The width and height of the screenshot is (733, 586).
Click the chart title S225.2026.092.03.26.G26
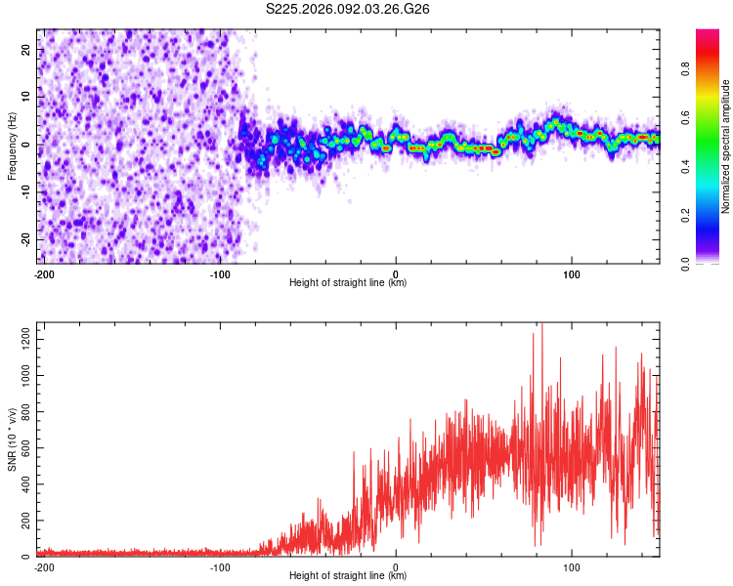point(349,10)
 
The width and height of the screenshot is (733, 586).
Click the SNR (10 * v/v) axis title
point(12,440)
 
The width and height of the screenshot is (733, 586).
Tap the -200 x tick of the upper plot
point(43,272)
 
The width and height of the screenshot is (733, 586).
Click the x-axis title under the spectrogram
point(348,283)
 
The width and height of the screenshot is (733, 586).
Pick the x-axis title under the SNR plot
point(348,576)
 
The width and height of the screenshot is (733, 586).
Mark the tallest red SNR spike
point(541,325)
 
